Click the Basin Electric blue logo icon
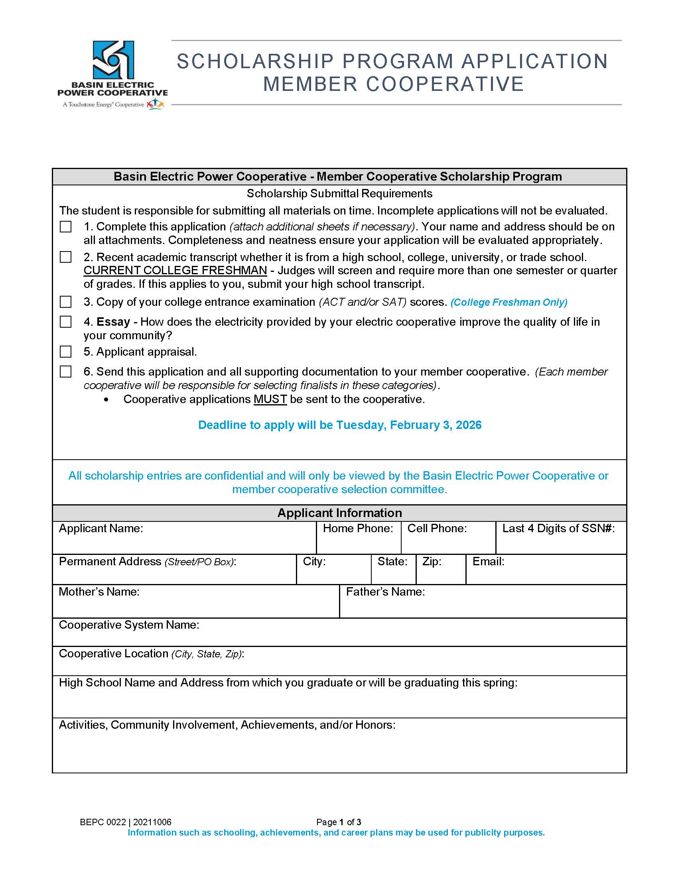point(113,60)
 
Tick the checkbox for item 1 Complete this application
point(66,226)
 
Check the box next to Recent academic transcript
point(66,257)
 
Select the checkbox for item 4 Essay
point(66,322)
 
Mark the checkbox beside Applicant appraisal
point(66,352)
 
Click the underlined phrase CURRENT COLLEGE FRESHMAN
point(175,271)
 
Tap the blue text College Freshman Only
point(509,303)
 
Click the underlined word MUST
point(270,399)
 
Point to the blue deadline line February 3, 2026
point(339,425)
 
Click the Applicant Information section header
point(339,513)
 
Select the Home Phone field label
point(358,529)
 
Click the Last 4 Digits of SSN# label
point(558,529)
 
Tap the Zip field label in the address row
point(432,561)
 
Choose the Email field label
point(488,561)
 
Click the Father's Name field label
point(385,592)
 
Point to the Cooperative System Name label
point(129,625)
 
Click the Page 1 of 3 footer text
point(339,822)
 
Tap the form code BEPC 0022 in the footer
point(103,822)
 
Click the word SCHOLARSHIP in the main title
point(255,62)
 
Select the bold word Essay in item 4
point(113,322)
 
